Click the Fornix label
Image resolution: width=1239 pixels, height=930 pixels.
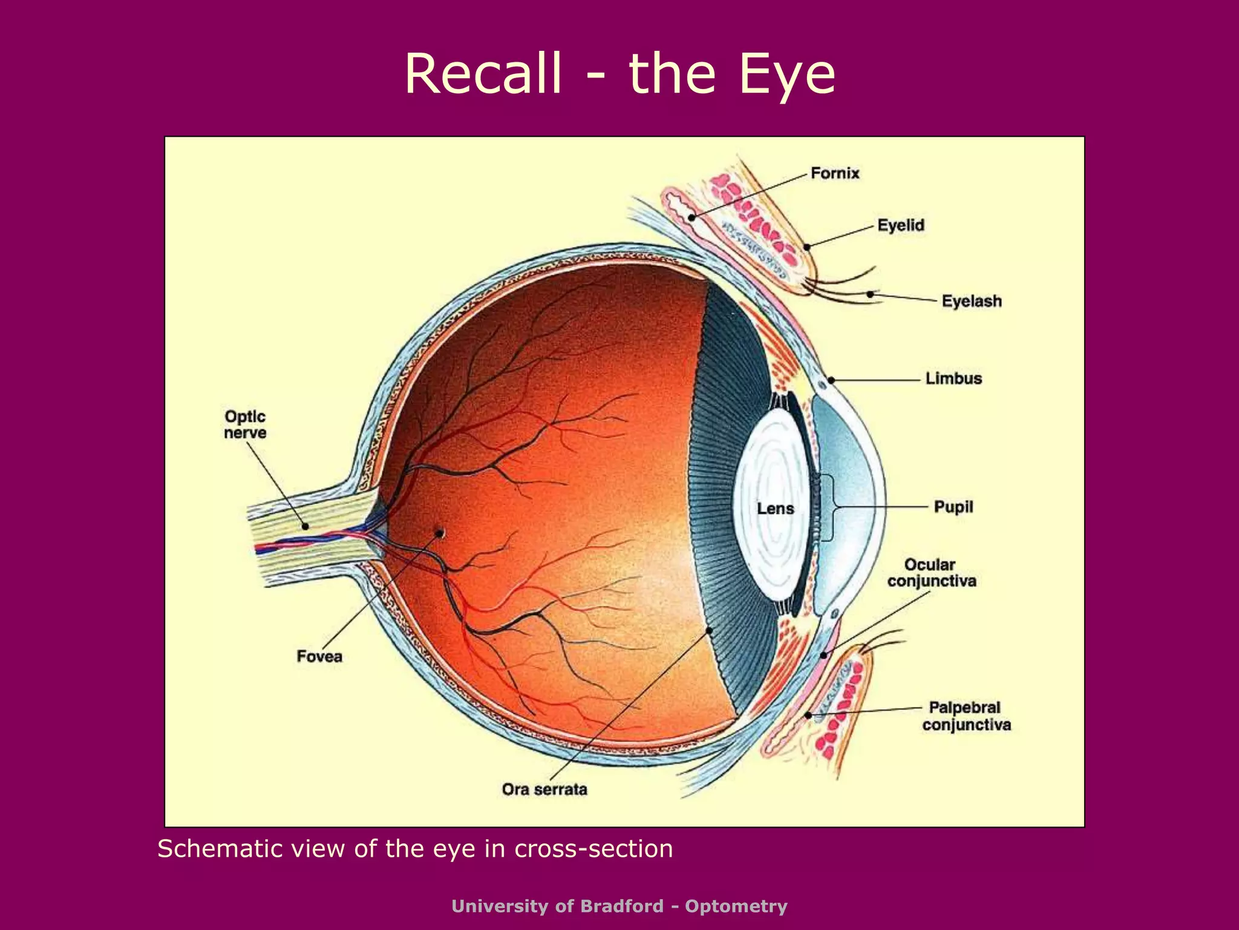(835, 173)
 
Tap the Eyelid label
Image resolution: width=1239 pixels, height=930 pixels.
(901, 226)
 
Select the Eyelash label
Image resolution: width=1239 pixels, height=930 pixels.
(972, 301)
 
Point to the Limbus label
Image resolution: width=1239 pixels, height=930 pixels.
(953, 378)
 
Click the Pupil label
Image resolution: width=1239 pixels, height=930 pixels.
(953, 507)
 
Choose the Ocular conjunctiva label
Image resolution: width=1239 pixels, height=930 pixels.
(932, 573)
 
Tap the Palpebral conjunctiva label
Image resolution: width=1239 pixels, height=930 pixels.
(967, 716)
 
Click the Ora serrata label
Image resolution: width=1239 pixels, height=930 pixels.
(544, 790)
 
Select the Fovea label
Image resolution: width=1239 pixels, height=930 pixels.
(319, 656)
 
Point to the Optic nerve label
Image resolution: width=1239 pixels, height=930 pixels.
(245, 424)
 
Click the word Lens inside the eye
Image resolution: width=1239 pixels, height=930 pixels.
(776, 509)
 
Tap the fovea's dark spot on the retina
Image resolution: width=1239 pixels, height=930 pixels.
(440, 533)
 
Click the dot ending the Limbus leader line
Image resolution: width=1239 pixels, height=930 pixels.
(831, 380)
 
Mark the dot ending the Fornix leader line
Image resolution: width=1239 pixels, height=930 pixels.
(691, 217)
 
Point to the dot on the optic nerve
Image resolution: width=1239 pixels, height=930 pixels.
(306, 526)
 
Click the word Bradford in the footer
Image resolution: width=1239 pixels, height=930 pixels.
(622, 906)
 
